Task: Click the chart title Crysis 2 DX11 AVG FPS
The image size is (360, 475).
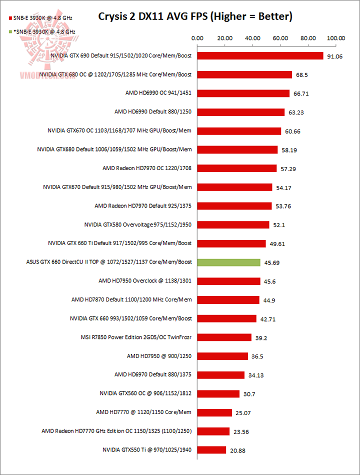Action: pos(195,16)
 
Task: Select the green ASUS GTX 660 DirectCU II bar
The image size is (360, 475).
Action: pos(229,262)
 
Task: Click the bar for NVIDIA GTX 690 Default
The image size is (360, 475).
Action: pos(260,55)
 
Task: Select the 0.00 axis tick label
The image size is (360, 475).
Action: pos(197,37)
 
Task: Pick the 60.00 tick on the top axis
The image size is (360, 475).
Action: pos(281,37)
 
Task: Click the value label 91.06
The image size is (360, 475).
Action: pos(334,56)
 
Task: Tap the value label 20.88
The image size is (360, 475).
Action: pos(237,450)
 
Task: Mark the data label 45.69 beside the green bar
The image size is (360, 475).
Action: pos(272,263)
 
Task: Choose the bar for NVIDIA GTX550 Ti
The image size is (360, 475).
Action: pos(212,450)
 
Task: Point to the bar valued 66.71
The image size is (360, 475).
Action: pos(243,93)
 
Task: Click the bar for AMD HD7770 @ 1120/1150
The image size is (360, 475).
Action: pos(215,412)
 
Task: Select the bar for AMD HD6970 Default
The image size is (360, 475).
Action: pos(221,375)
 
